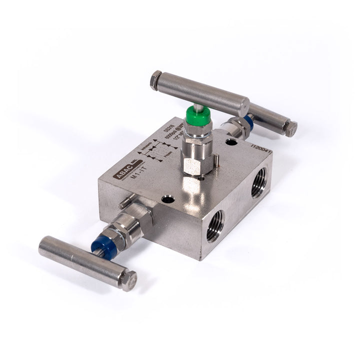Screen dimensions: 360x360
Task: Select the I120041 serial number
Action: coord(261,145)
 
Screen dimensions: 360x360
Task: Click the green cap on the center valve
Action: coord(196,116)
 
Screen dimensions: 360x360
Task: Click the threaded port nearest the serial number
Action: coord(258,183)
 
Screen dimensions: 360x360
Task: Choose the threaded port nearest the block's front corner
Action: coord(215,225)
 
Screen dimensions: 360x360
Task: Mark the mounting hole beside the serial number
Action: coord(231,143)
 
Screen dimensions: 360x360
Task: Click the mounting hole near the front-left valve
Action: coord(168,199)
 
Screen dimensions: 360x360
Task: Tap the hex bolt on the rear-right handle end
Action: coord(290,129)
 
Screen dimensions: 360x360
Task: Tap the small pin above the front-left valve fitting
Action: coord(123,202)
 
